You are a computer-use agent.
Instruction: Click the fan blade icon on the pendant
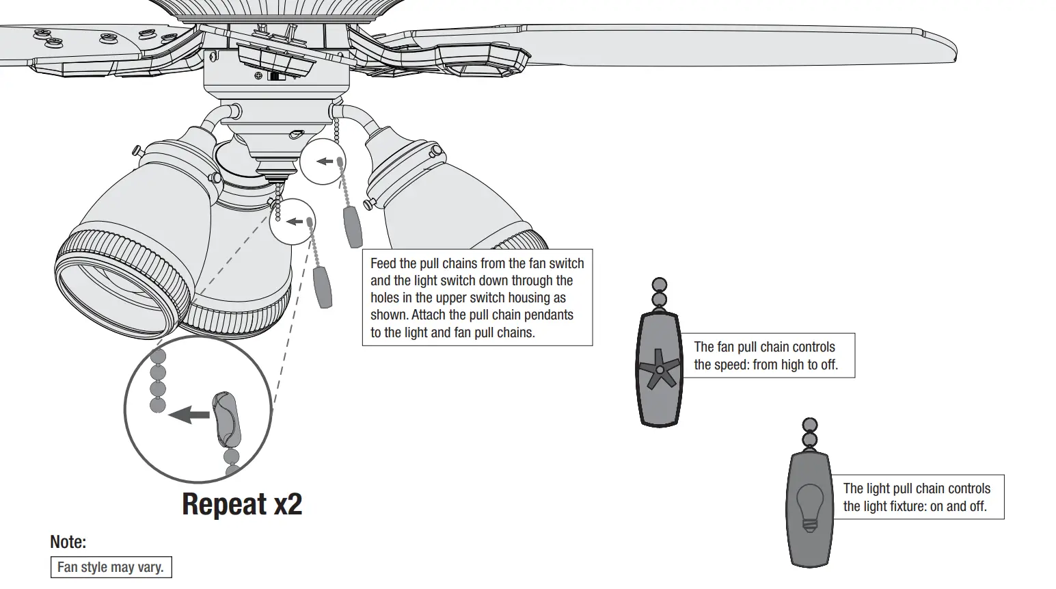pos(659,369)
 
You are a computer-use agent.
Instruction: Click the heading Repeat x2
pos(242,504)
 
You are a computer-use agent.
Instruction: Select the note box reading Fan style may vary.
pos(111,568)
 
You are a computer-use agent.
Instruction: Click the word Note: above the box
pos(68,542)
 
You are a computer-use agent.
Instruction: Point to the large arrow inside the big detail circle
pos(189,414)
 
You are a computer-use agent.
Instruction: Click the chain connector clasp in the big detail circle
pos(227,417)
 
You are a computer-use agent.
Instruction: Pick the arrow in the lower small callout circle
pos(295,222)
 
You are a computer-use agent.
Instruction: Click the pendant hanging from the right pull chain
pos(353,226)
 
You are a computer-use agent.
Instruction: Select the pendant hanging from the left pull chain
pos(322,287)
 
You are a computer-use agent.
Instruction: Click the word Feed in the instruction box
pos(383,263)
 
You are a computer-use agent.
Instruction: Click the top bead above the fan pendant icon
pos(660,285)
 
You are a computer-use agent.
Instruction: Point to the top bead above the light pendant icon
pos(810,426)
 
